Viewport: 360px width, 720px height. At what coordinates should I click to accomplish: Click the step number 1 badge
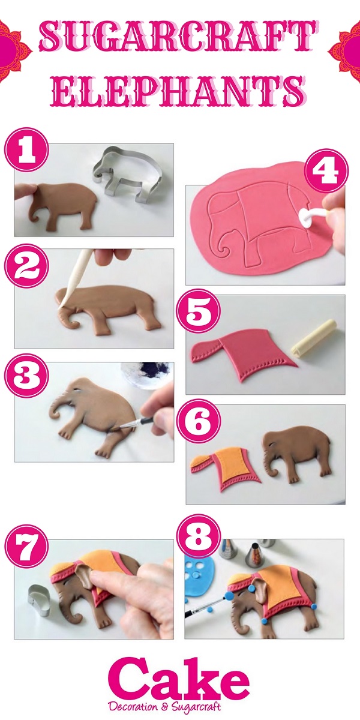pos(26,151)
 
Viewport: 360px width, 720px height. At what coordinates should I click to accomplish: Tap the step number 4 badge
pos(327,170)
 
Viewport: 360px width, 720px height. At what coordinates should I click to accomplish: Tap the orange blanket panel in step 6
pos(231,463)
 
